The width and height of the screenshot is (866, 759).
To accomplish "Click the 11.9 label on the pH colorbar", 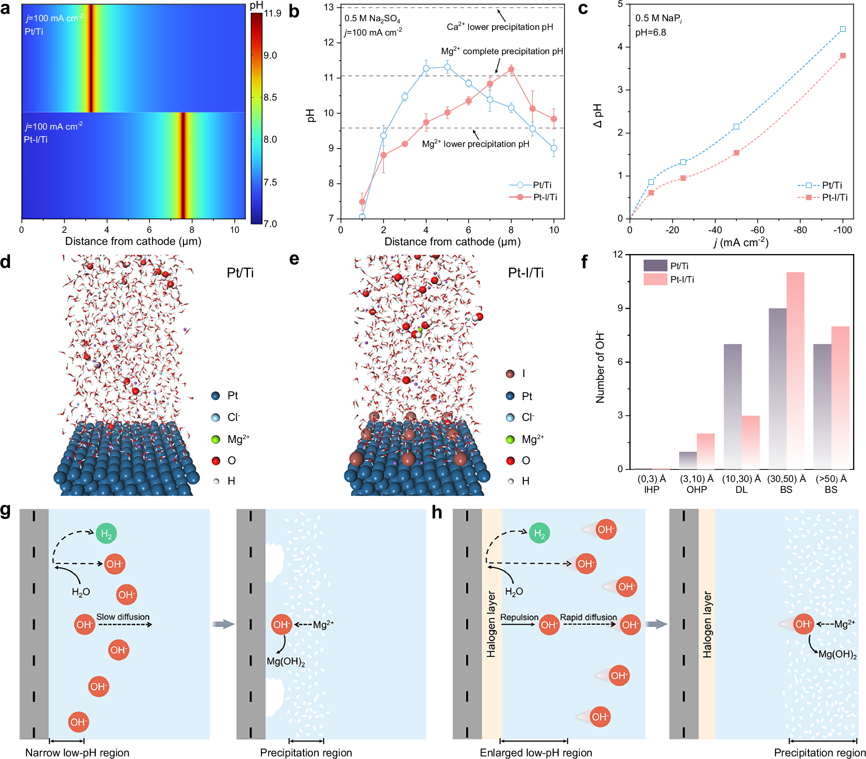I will (x=273, y=13).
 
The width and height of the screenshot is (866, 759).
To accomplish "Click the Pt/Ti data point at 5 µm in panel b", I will (x=447, y=67).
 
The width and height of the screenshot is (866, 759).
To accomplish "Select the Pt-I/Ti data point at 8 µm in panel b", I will (x=511, y=69).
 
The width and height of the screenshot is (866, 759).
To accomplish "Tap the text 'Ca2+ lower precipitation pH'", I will (x=500, y=27).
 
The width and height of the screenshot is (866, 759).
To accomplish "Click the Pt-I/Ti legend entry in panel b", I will (x=545, y=197).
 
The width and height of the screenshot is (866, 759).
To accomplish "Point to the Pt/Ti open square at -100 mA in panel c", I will (x=843, y=29).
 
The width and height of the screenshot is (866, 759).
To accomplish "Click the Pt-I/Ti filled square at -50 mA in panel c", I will (x=736, y=153).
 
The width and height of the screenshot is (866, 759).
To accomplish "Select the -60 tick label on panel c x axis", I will (x=757, y=230).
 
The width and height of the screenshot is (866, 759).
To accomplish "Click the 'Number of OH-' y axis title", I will (x=600, y=367).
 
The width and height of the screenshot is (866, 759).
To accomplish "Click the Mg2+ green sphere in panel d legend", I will (x=215, y=440).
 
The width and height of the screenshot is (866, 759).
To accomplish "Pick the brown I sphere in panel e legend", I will (x=510, y=374).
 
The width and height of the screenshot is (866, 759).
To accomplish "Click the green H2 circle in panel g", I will (x=106, y=533).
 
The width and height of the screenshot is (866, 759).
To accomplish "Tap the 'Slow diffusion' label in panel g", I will (x=123, y=617).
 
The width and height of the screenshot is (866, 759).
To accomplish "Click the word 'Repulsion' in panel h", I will (x=519, y=617).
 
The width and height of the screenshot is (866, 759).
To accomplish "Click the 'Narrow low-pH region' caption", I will (x=77, y=753).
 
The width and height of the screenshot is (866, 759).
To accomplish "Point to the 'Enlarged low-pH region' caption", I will (x=536, y=753).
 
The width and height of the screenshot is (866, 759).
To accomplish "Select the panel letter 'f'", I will (x=584, y=262).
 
